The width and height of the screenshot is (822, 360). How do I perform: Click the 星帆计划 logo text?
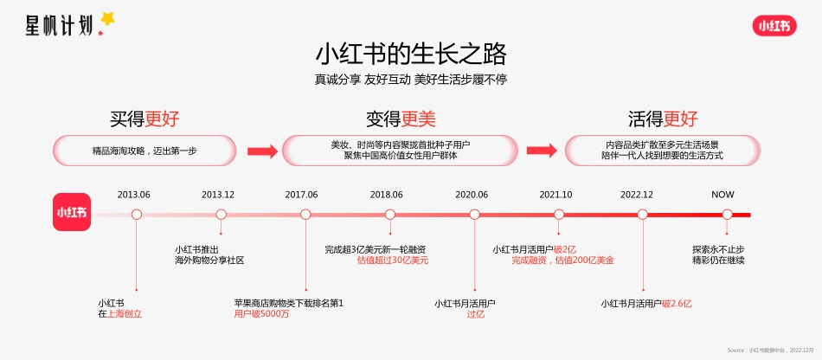pos(60,24)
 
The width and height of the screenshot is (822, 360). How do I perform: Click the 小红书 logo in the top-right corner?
pos(774,26)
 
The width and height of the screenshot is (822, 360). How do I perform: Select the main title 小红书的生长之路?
pos(410,55)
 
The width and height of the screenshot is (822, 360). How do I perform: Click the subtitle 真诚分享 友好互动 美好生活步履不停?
pos(410,80)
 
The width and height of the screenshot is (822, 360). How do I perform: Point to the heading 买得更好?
pos(144,119)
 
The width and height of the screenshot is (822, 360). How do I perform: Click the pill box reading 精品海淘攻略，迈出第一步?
pos(144,151)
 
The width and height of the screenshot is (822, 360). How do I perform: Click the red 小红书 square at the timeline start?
pos(72,212)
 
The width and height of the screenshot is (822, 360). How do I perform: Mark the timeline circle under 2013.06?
pos(136,215)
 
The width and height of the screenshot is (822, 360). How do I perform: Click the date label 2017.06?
pos(302,195)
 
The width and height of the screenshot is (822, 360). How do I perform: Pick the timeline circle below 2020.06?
pos(474,215)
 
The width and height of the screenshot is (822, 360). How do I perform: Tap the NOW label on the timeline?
pos(723,195)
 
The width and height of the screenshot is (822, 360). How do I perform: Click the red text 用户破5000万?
pos(261,314)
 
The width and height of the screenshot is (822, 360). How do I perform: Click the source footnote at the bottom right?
pos(771,350)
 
